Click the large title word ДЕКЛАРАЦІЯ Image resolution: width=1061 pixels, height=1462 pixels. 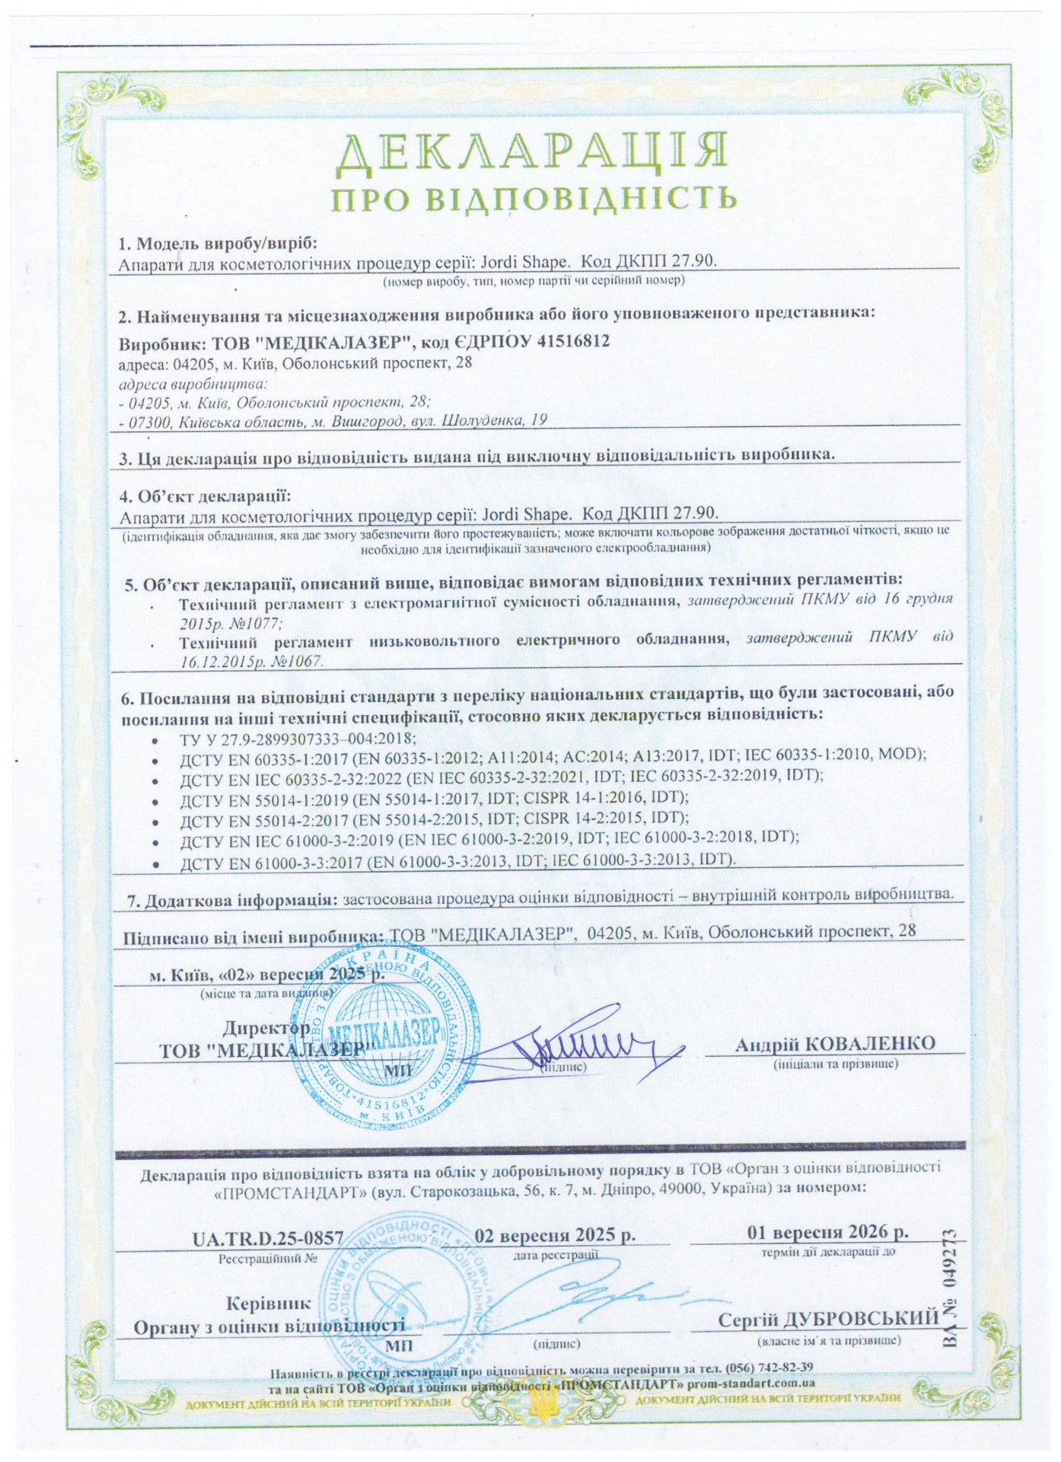click(x=531, y=152)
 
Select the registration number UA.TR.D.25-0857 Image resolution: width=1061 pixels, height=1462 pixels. click(x=269, y=1237)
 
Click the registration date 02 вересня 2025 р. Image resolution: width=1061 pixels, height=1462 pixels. click(x=555, y=1234)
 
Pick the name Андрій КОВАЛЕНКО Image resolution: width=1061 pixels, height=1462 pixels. click(x=835, y=1042)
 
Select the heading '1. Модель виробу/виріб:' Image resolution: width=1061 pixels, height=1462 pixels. click(x=217, y=244)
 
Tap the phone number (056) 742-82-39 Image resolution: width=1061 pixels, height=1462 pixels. click(x=770, y=1365)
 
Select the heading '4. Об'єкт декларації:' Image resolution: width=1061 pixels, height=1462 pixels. click(x=206, y=496)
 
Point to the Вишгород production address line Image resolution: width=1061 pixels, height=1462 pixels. click(x=335, y=420)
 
